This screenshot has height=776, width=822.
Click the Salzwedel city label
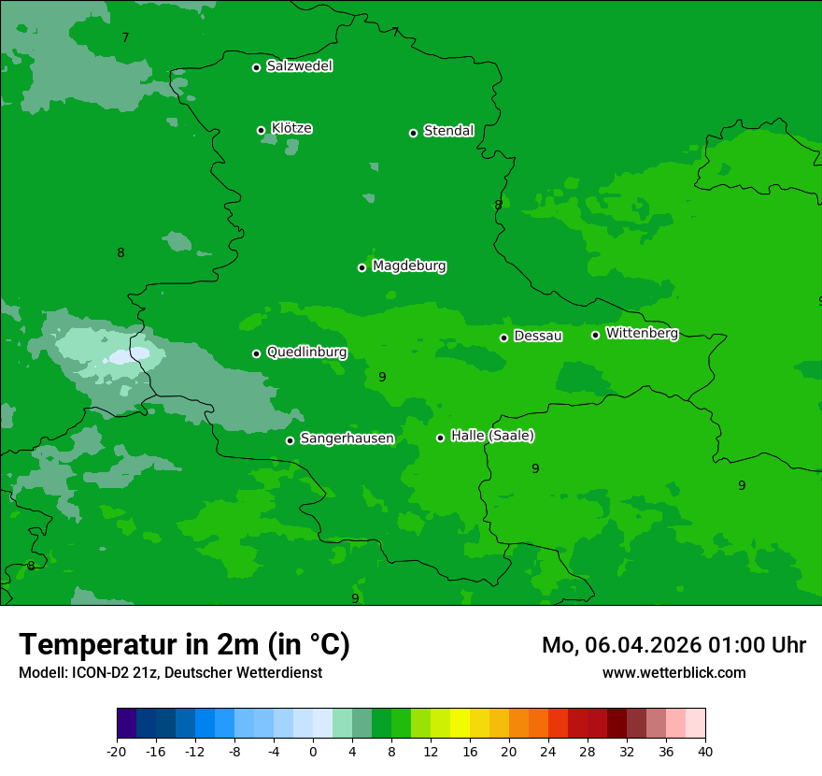(x=299, y=66)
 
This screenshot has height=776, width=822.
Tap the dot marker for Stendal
(x=413, y=133)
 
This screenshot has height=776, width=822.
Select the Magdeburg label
(x=409, y=266)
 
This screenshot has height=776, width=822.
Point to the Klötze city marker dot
(x=261, y=130)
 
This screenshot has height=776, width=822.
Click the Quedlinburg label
(x=306, y=352)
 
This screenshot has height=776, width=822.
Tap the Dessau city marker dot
(x=503, y=338)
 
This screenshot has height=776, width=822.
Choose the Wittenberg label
(x=642, y=334)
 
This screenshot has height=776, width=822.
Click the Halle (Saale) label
(x=492, y=437)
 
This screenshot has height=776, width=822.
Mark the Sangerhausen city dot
(x=290, y=440)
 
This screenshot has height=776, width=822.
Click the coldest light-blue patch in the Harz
(x=129, y=356)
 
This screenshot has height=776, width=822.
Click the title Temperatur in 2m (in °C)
(x=184, y=645)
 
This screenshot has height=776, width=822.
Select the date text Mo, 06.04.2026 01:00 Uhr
(x=673, y=645)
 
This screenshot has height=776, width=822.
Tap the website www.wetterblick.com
(x=673, y=673)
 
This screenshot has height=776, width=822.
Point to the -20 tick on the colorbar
(x=117, y=752)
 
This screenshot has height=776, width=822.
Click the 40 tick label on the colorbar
(x=704, y=752)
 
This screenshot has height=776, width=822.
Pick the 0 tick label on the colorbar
(x=313, y=752)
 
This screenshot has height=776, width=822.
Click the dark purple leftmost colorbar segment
(x=127, y=724)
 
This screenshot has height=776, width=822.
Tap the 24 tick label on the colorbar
(x=547, y=752)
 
